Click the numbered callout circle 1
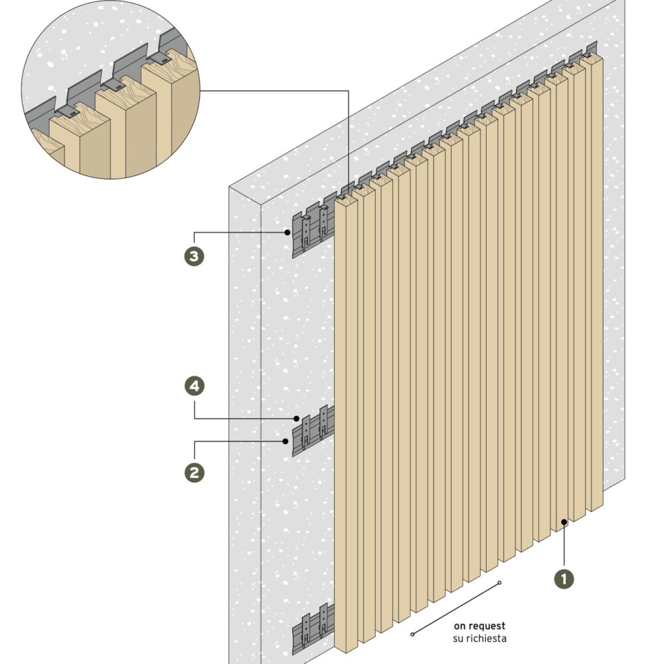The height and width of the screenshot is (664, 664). tap(564, 578)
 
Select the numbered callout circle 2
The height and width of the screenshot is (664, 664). tap(194, 472)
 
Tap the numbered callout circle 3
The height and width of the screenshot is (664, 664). tap(194, 256)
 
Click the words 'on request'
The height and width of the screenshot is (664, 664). tap(479, 625)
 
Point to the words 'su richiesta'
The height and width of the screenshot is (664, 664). tap(479, 638)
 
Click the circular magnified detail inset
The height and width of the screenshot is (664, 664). tap(111, 90)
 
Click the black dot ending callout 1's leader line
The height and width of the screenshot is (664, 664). tap(564, 522)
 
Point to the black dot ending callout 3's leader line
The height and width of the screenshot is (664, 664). tap(287, 232)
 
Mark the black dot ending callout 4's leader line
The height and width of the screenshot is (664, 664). tap(297, 418)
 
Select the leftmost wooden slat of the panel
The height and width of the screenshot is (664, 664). tap(345, 425)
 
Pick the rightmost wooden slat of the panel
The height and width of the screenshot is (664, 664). tap(594, 279)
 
